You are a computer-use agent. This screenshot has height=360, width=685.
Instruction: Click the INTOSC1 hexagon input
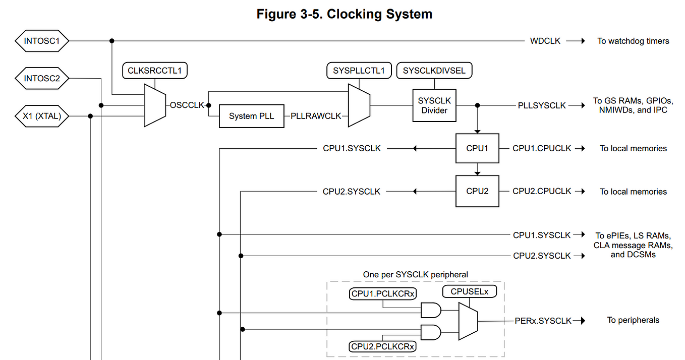coord(42,41)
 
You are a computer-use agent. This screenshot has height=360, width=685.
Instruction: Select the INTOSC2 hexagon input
coord(42,79)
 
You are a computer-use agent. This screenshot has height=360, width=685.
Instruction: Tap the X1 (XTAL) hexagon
coord(42,116)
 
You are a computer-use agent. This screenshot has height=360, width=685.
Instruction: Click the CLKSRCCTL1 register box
coord(155,71)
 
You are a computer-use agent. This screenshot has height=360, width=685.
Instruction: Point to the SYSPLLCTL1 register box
coord(359,71)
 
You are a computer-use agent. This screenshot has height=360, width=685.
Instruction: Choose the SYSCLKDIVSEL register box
coord(434,71)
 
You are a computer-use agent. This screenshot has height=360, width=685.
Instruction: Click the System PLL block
coord(251,116)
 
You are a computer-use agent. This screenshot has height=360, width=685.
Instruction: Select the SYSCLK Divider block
coord(434,105)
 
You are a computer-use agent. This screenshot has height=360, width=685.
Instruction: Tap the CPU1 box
coord(477,148)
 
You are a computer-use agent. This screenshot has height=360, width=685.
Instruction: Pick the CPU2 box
coord(477,191)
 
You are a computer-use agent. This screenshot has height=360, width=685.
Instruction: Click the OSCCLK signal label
coord(187,105)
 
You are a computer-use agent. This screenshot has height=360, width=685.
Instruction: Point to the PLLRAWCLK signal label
coord(316,116)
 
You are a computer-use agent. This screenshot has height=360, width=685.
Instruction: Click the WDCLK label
coord(545,41)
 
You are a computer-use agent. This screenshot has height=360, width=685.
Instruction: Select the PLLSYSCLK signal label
coord(542,105)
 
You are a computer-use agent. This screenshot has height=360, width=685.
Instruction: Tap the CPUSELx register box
coord(470,291)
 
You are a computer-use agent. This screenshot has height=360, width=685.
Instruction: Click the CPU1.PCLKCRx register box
coord(382,293)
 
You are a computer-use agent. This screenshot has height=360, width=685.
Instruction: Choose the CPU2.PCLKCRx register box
coord(382,346)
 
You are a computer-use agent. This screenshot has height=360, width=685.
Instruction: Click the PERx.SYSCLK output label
coord(543,321)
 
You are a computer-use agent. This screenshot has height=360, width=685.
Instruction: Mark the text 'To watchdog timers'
coord(634,41)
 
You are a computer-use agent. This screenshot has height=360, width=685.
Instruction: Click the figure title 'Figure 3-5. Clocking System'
coord(345,14)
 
